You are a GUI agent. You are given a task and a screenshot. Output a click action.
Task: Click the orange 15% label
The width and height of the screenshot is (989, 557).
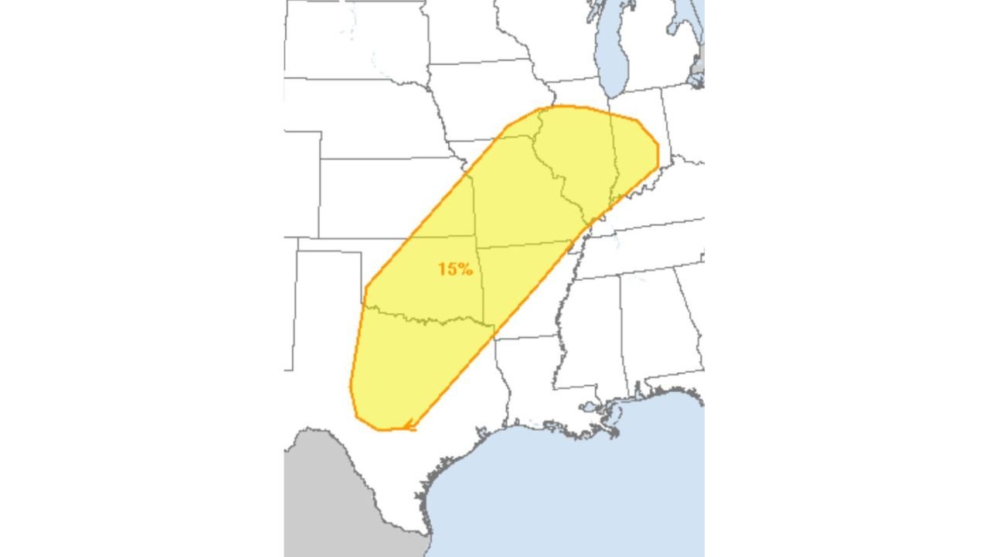click(454, 269)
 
